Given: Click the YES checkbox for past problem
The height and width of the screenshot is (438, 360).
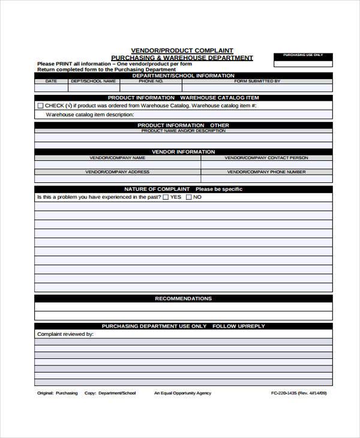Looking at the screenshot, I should pyautogui.click(x=166, y=197).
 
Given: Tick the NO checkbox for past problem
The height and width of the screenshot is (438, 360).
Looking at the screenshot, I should pyautogui.click(x=189, y=197).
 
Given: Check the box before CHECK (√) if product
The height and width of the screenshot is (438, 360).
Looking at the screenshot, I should pyautogui.click(x=40, y=106).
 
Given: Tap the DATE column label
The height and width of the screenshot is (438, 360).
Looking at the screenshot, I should pyautogui.click(x=51, y=81).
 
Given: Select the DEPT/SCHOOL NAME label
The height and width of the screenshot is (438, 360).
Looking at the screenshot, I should pyautogui.click(x=93, y=81).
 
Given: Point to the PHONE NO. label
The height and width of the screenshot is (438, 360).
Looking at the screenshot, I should pyautogui.click(x=151, y=81).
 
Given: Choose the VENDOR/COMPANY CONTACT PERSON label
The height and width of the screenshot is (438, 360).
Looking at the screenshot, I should pyautogui.click(x=266, y=158).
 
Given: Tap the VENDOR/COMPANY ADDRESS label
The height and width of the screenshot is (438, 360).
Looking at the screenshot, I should pyautogui.click(x=118, y=172).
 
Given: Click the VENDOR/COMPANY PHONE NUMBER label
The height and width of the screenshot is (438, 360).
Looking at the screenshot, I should pyautogui.click(x=266, y=172).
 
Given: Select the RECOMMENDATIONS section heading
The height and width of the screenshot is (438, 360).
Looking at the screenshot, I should pyautogui.click(x=183, y=298).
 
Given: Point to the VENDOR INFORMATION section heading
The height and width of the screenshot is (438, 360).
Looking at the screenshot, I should pyautogui.click(x=183, y=152).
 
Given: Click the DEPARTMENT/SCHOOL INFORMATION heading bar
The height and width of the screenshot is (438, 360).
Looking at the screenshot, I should pyautogui.click(x=183, y=76).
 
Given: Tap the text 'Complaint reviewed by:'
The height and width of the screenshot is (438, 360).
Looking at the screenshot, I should pyautogui.click(x=65, y=334).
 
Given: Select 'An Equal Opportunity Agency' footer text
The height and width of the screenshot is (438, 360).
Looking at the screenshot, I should pyautogui.click(x=182, y=394).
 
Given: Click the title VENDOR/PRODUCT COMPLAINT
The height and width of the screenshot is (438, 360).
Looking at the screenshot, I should pyautogui.click(x=182, y=50).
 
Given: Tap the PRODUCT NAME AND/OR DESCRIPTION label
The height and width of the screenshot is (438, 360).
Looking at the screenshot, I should pyautogui.click(x=183, y=130).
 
